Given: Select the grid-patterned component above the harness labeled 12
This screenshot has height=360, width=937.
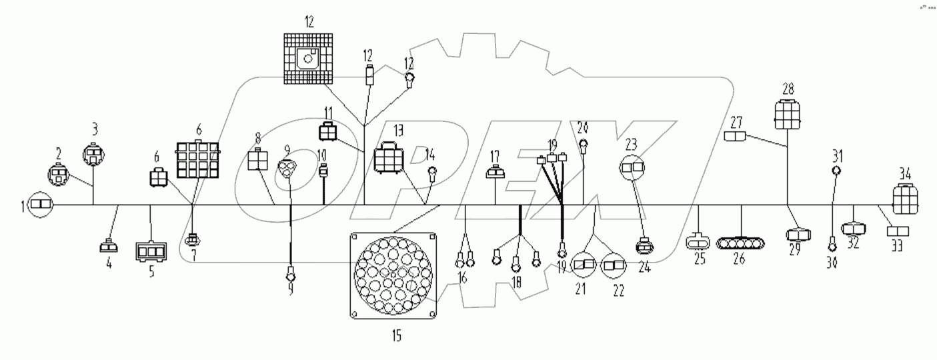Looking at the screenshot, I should pyautogui.click(x=308, y=60).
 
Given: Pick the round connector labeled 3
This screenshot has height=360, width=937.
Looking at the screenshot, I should pyautogui.click(x=93, y=157).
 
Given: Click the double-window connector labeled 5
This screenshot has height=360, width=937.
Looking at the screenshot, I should pyautogui.click(x=151, y=251).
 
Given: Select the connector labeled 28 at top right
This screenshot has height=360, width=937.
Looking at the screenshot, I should pyautogui.click(x=788, y=115).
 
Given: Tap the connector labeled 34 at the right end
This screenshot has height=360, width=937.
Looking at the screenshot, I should pyautogui.click(x=906, y=199).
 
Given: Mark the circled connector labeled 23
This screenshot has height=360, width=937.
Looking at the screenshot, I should pyautogui.click(x=634, y=167).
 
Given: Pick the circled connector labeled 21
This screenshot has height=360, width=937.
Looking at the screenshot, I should pyautogui.click(x=585, y=265).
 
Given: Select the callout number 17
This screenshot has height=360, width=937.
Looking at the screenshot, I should pyautogui.click(x=495, y=155).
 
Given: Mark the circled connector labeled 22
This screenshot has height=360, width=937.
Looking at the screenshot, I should pyautogui.click(x=614, y=265).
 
